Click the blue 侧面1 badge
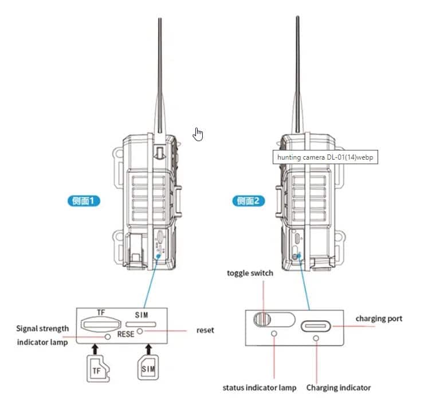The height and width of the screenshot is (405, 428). click(84, 201)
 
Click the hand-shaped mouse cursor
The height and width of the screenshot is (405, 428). click(198, 134)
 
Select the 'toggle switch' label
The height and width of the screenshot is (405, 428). click(250, 273)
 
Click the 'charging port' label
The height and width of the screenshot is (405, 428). click(379, 318)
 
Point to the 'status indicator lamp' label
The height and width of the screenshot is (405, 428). click(260, 388)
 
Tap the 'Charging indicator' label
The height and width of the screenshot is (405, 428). click(338, 388)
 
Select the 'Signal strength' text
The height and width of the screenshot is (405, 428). click(42, 328)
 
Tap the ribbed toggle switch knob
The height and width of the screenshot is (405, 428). click(262, 318)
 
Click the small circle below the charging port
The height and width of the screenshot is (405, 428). click(316, 339)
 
